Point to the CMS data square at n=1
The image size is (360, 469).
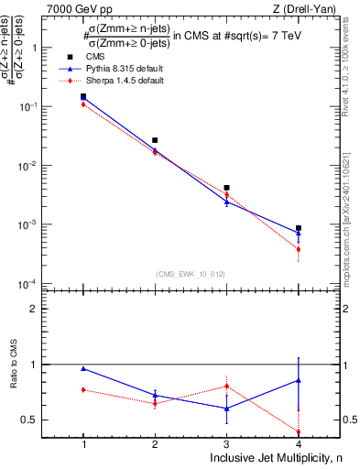click(83, 96)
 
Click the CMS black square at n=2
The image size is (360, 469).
click(155, 140)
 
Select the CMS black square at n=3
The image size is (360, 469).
click(226, 188)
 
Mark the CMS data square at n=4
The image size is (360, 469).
click(299, 228)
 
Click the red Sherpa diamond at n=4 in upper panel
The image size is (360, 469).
click(299, 249)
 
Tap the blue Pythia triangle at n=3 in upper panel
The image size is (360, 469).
click(226, 202)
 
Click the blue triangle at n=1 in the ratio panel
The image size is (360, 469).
click(83, 368)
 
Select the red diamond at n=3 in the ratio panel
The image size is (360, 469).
click(226, 386)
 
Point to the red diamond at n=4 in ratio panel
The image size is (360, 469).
click(299, 431)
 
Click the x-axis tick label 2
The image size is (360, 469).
click(155, 443)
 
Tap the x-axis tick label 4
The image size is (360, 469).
click(299, 443)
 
